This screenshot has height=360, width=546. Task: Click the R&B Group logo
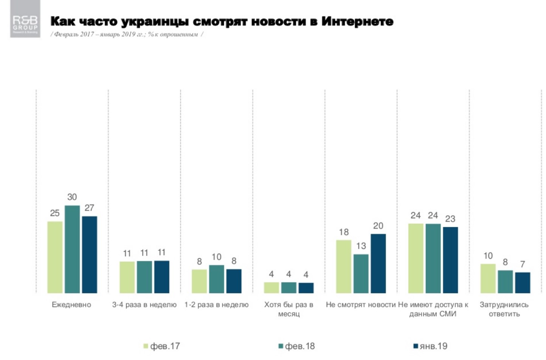[x=25, y=19]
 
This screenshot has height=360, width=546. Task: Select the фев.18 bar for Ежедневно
[x=72, y=249]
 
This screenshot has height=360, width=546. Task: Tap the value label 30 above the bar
[x=72, y=197]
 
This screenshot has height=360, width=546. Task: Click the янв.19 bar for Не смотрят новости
[x=378, y=264]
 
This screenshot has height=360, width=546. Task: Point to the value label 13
[x=361, y=246]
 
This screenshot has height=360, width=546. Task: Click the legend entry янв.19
[x=431, y=346]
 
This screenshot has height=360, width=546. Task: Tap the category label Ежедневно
[x=71, y=305]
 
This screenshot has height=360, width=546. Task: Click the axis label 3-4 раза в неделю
[x=144, y=305]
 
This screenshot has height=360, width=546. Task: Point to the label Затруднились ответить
[x=504, y=309]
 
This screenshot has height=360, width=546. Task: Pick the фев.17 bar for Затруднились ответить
[x=488, y=279]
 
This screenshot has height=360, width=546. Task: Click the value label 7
[x=522, y=264]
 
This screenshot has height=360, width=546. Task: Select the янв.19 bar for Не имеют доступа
[x=450, y=260]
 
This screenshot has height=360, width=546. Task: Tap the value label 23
[x=450, y=219]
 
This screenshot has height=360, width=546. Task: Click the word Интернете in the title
[x=357, y=21]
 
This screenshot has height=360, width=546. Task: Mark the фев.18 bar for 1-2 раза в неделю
[x=216, y=279]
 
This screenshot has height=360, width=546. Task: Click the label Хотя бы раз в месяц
[x=289, y=309]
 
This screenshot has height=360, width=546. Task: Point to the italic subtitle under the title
[x=127, y=34]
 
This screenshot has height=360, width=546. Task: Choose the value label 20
[x=378, y=226]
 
